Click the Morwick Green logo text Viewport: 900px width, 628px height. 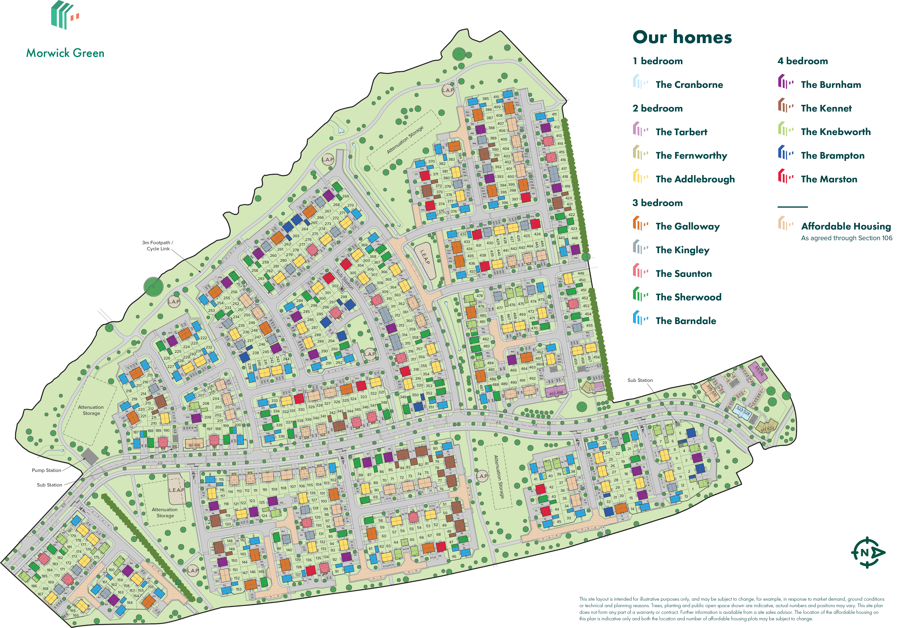(x=65, y=53)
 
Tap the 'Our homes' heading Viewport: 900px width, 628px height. (x=682, y=37)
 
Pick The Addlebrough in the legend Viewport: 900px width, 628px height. (x=695, y=179)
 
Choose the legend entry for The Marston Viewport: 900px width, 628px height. (x=829, y=179)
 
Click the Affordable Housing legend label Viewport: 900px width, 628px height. (x=846, y=226)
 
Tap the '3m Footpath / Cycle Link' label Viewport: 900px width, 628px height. (x=158, y=245)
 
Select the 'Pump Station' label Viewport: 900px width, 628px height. (x=46, y=470)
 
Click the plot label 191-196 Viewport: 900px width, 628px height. (x=194, y=445)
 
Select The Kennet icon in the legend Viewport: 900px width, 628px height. (x=785, y=106)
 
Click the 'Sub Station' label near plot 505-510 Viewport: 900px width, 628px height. (x=640, y=380)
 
